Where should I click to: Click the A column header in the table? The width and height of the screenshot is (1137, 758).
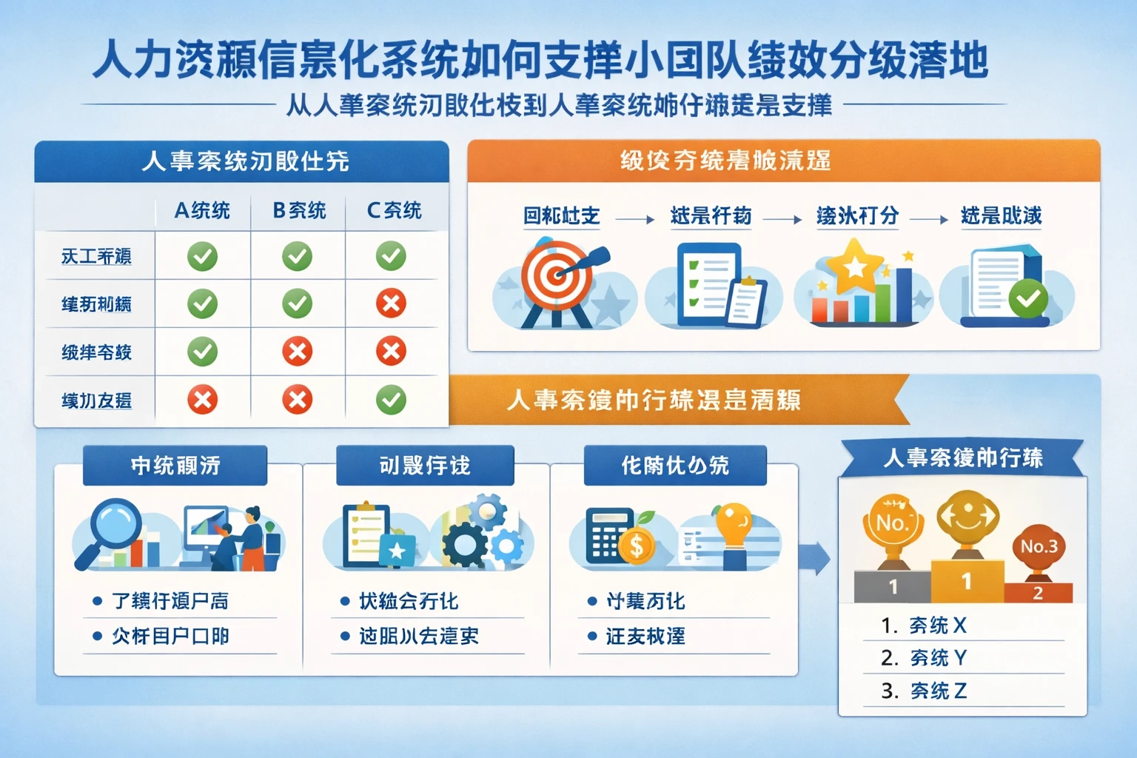click(x=201, y=211)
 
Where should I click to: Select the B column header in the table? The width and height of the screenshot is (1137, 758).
click(x=298, y=211)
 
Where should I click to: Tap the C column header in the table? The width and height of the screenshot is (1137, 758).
click(x=394, y=211)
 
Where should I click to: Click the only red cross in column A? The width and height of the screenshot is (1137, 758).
click(x=202, y=400)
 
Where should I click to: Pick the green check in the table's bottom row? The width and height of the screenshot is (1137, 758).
click(x=391, y=400)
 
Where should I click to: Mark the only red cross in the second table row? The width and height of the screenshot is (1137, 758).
click(x=391, y=303)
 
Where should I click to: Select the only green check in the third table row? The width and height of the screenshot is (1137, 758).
click(x=202, y=352)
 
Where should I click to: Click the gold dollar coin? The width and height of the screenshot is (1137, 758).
click(x=636, y=546)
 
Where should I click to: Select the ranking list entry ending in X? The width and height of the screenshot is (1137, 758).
click(x=924, y=625)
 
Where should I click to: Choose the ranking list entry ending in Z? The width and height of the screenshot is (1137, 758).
click(x=924, y=691)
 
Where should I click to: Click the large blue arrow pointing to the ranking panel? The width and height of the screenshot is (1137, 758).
click(x=814, y=557)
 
